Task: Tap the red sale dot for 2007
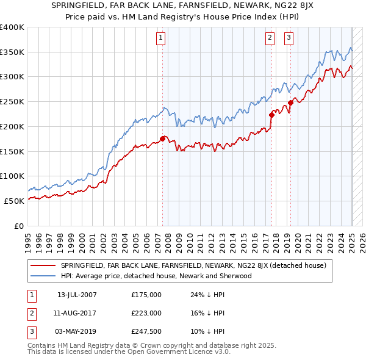coord(163,139)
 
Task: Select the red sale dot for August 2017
coord(271,114)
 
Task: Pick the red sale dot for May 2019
coord(290,103)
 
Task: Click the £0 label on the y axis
coord(20,226)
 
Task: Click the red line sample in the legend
coord(44,265)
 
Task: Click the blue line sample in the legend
coord(44,276)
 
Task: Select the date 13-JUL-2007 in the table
coord(77,295)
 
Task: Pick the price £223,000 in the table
coord(146,313)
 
